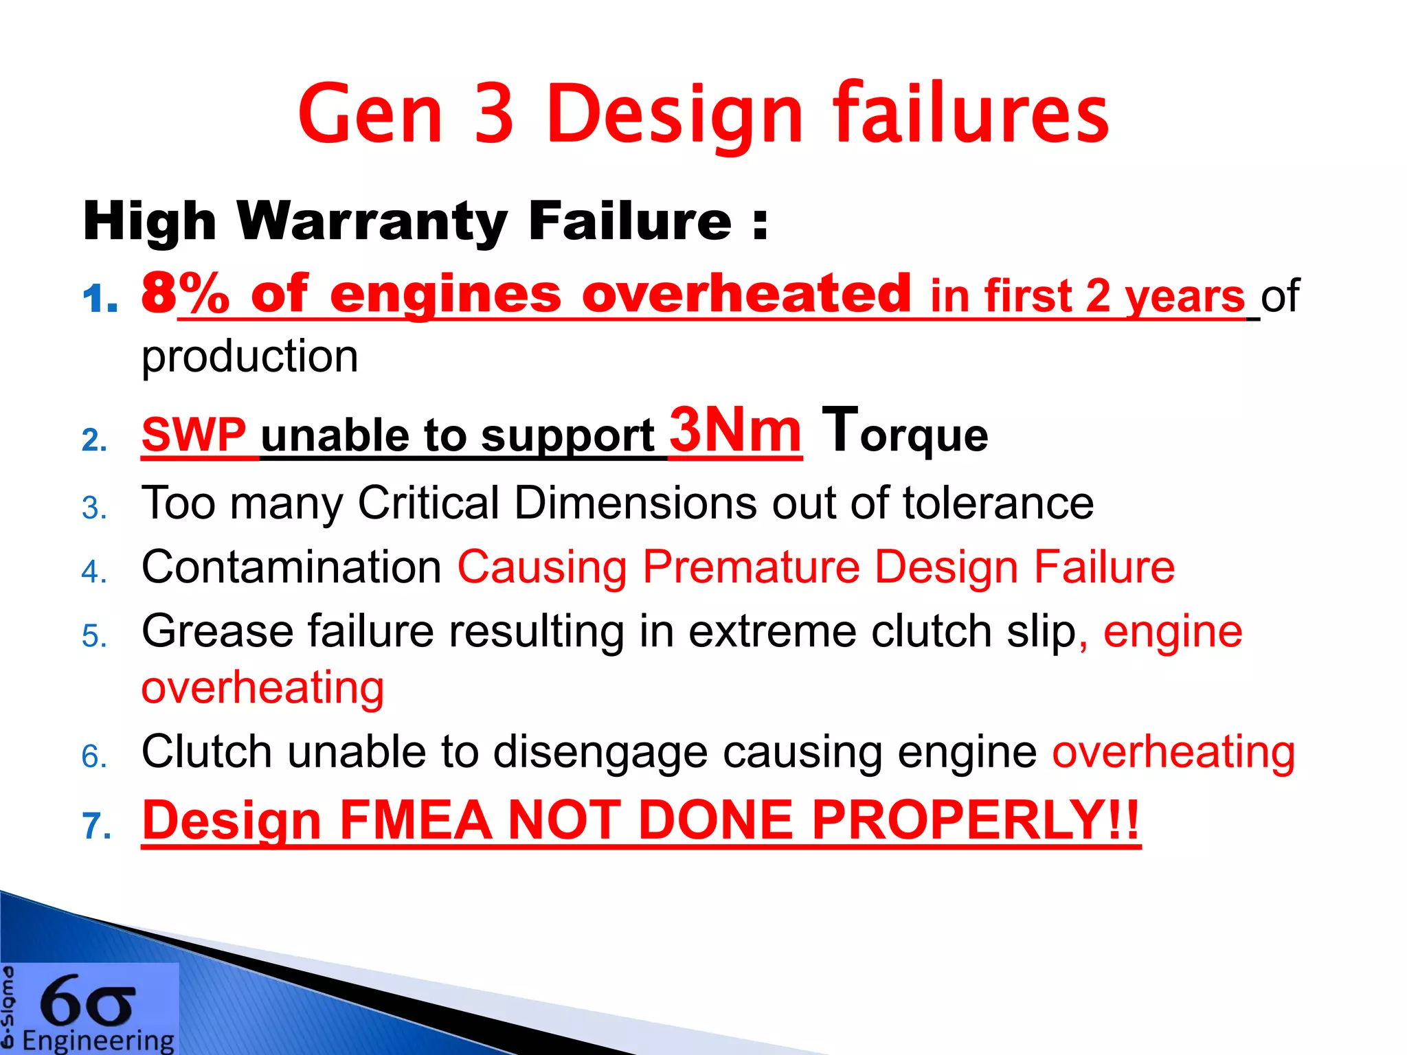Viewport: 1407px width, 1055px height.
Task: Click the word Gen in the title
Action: click(x=370, y=115)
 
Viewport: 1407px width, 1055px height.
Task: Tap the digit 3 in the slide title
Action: click(x=493, y=115)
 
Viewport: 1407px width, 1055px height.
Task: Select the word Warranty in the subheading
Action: click(x=372, y=222)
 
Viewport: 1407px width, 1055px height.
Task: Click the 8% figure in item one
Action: click(x=184, y=293)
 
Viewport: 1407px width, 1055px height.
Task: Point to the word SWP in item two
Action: click(x=193, y=435)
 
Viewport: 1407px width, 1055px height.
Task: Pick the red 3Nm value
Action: click(x=735, y=431)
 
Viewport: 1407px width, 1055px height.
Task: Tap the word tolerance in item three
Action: click(x=998, y=503)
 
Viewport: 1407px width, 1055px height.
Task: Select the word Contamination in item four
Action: click(x=291, y=567)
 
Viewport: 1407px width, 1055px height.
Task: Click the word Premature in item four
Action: click(x=751, y=567)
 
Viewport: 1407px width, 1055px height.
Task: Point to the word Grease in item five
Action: click(x=217, y=631)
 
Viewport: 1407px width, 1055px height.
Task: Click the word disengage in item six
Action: click(x=600, y=752)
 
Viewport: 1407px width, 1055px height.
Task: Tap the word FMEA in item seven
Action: click(x=415, y=820)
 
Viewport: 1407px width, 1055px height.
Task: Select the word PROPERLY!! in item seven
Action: click(x=975, y=820)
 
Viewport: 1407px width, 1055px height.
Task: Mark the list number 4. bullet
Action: click(x=94, y=572)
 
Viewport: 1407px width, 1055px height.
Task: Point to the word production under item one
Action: click(x=249, y=357)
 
